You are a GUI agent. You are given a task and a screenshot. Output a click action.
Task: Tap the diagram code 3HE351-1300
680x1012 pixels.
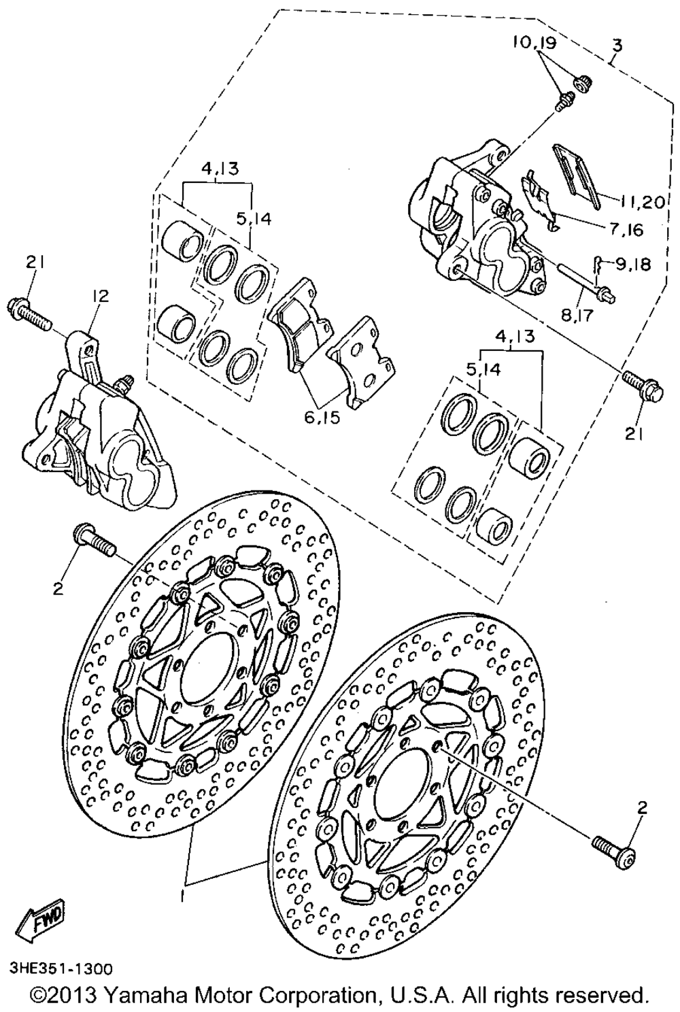61,967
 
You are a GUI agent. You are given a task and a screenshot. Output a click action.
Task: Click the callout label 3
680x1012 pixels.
616,46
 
